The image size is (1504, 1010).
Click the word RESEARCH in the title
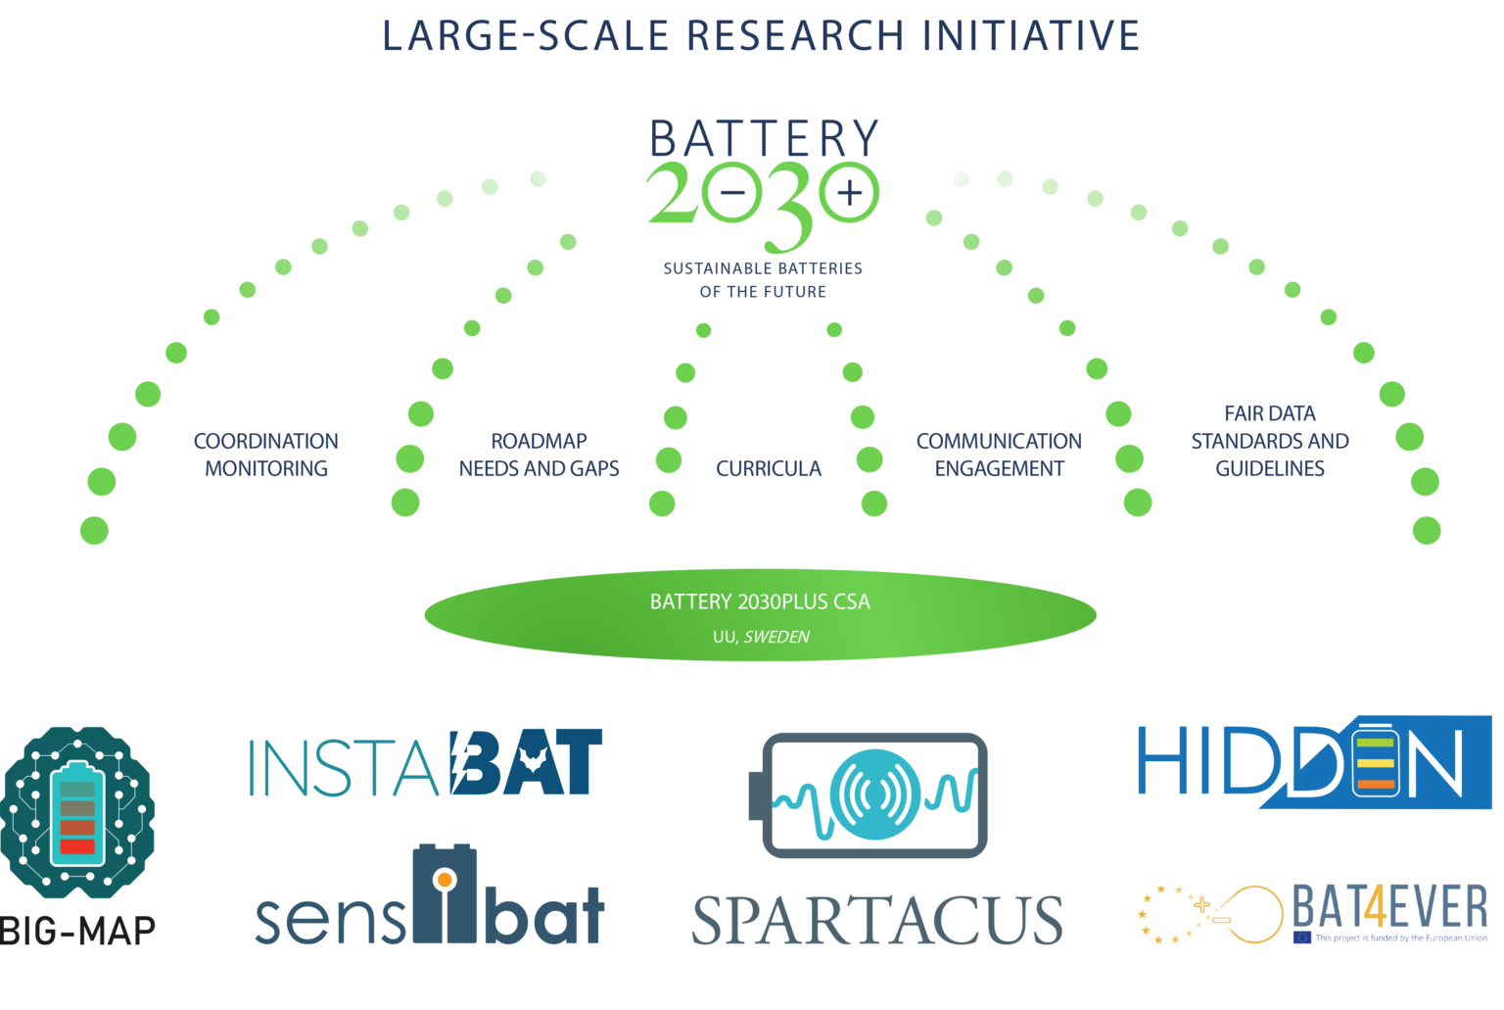click(795, 35)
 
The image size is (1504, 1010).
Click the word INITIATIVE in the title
click(1031, 35)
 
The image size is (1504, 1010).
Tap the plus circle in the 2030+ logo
click(849, 192)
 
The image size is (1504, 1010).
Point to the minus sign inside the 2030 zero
click(732, 193)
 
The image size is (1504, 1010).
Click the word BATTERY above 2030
click(764, 138)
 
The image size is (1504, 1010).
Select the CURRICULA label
click(768, 468)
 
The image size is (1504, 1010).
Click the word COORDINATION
click(266, 441)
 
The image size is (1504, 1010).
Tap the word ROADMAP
click(539, 441)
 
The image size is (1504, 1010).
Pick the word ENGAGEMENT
click(999, 468)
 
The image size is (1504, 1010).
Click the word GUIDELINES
click(1270, 468)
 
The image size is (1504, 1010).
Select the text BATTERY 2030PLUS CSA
click(760, 601)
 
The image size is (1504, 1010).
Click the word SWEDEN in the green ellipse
click(776, 637)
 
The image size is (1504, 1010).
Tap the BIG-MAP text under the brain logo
click(78, 931)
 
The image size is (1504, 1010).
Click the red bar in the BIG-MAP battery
click(77, 846)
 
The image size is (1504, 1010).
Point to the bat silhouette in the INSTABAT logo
click(533, 761)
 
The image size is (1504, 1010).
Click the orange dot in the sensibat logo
click(444, 879)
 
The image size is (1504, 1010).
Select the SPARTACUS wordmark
click(877, 920)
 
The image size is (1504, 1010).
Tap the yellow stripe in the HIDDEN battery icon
click(1375, 763)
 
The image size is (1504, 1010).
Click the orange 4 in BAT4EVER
click(1375, 906)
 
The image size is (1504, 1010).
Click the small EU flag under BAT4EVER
click(1302, 938)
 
